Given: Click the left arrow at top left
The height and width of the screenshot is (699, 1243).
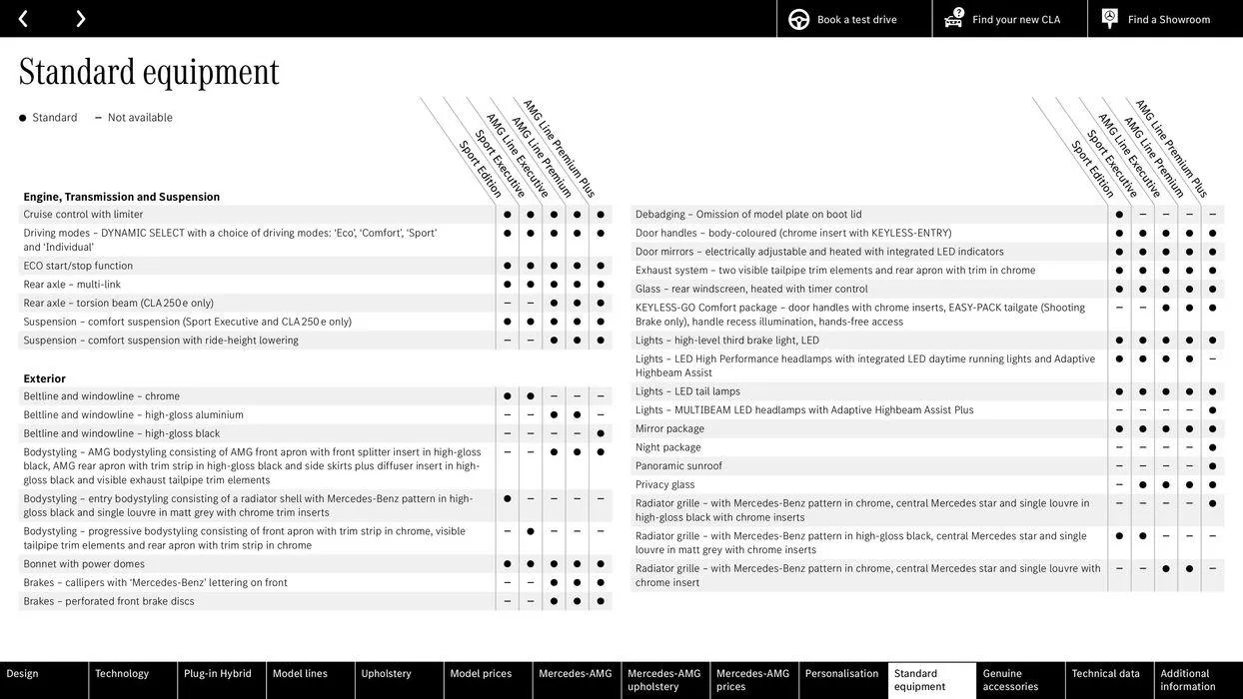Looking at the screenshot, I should coord(23,19).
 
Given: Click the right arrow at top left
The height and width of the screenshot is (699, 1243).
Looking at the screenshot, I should coord(80,19).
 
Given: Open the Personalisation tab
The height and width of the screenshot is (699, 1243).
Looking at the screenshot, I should coord(842,674).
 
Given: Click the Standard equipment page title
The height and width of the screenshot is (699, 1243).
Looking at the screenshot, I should coord(149,72).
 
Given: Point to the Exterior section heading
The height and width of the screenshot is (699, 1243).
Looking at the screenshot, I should coord(45,379).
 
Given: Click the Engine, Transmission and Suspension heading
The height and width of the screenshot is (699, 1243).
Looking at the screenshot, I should coord(122,197).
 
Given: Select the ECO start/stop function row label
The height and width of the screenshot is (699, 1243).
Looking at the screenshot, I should coord(78,266).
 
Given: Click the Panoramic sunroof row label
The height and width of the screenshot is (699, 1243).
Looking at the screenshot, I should coord(678,466).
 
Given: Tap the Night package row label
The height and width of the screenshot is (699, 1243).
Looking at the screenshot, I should coord(668,447).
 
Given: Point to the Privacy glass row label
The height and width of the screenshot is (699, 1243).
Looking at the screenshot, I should coord(665,485).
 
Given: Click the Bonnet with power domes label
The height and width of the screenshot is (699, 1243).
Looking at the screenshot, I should coord(84,564).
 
